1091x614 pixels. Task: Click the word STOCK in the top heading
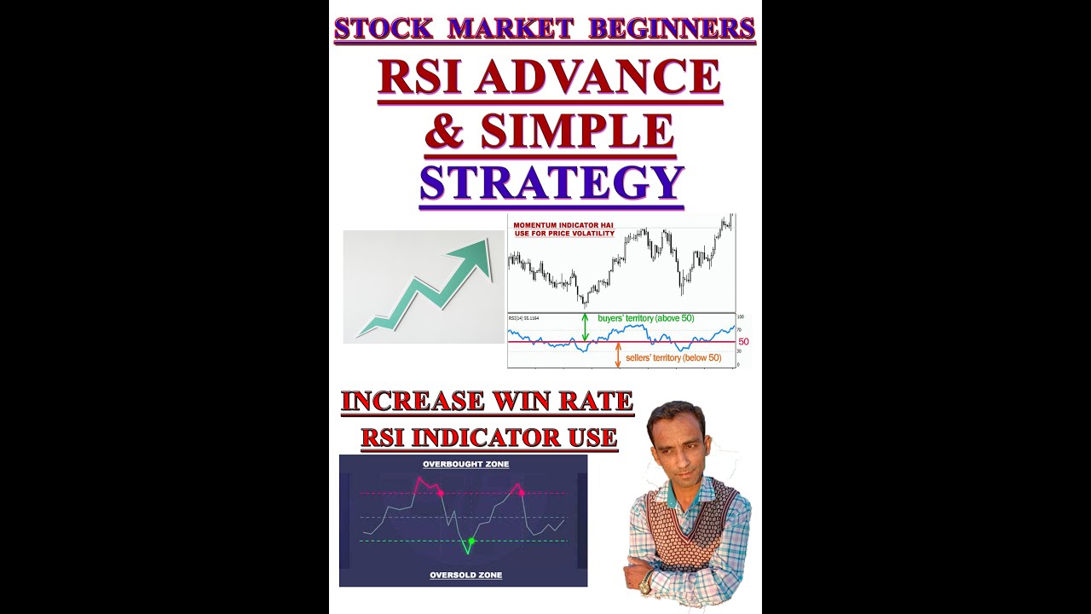click(x=384, y=28)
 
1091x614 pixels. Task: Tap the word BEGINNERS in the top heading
click(x=672, y=28)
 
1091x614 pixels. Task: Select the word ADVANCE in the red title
click(x=597, y=78)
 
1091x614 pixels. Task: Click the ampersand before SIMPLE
click(x=446, y=130)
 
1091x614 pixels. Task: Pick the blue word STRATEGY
click(x=551, y=182)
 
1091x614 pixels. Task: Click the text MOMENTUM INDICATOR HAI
click(x=563, y=225)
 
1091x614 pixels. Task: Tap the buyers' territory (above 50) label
click(x=645, y=318)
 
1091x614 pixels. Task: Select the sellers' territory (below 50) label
click(x=672, y=358)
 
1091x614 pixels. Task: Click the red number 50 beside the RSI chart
click(x=743, y=342)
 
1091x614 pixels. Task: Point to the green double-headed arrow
click(x=585, y=327)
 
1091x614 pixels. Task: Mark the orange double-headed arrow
click(x=618, y=355)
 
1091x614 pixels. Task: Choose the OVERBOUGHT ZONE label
click(x=465, y=465)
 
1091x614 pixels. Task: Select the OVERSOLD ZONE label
click(x=465, y=576)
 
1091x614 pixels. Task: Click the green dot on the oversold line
click(x=470, y=541)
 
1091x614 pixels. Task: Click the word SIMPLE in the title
click(x=576, y=130)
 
